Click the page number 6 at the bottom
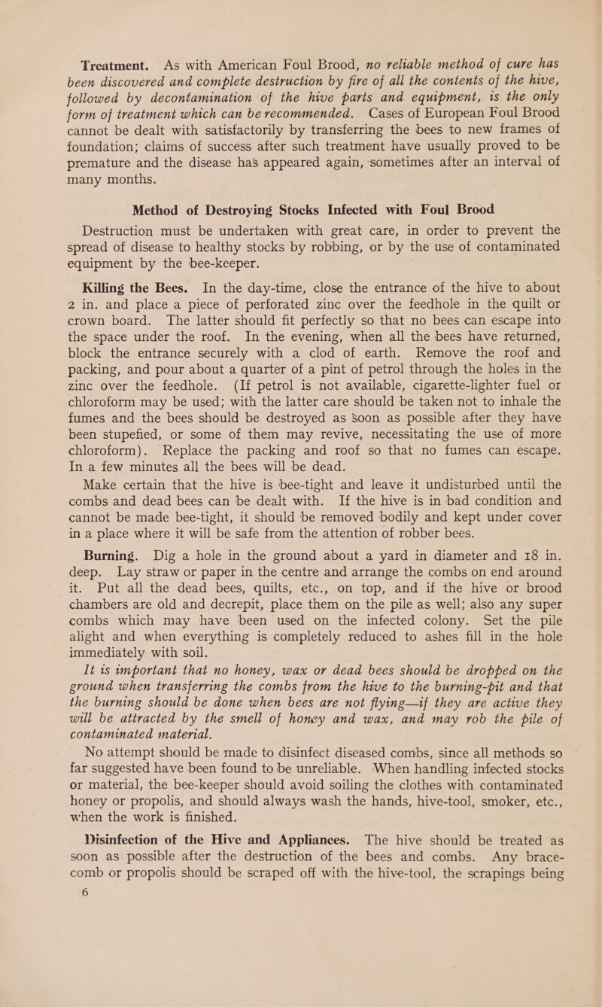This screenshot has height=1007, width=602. click(41, 988)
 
